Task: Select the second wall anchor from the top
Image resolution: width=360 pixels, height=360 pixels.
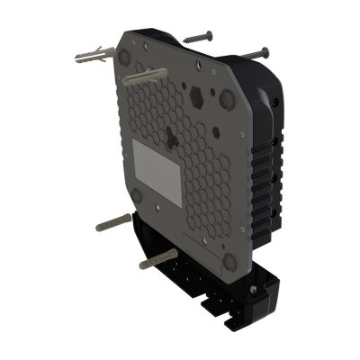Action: pos(144,76)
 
